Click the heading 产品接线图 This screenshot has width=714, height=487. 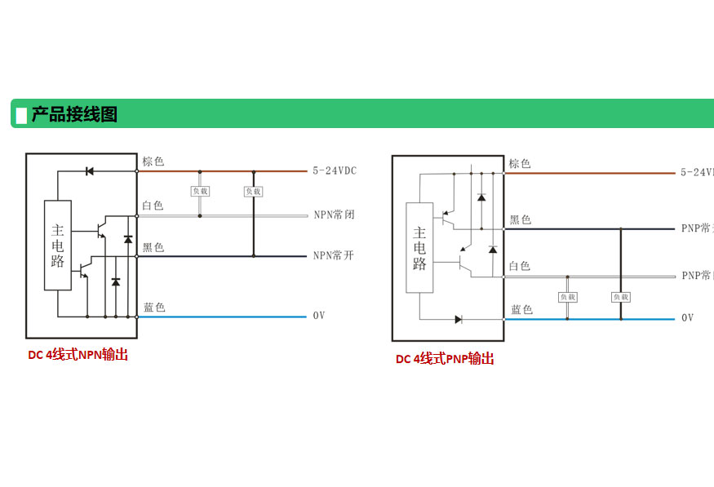pyautogui.click(x=74, y=114)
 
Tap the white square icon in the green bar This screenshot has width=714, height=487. pyautogui.click(x=21, y=115)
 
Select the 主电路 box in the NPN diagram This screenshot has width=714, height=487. pyautogui.click(x=58, y=245)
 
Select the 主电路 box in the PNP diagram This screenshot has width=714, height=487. pyautogui.click(x=419, y=247)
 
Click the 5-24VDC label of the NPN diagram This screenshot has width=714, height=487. pyautogui.click(x=335, y=171)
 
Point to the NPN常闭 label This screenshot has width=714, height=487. pyautogui.click(x=334, y=215)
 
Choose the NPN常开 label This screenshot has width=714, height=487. pyautogui.click(x=334, y=255)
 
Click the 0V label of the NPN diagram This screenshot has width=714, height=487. pyautogui.click(x=318, y=315)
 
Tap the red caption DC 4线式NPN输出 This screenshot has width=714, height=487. pyautogui.click(x=78, y=355)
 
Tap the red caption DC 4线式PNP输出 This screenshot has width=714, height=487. pyautogui.click(x=445, y=359)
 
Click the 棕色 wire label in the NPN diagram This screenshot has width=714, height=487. pyautogui.click(x=153, y=162)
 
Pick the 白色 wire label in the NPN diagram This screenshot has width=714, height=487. pyautogui.click(x=153, y=206)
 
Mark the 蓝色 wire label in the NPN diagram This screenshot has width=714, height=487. pyautogui.click(x=154, y=308)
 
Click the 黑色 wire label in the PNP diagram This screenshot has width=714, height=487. pyautogui.click(x=521, y=220)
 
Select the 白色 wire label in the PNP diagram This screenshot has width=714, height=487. pyautogui.click(x=520, y=266)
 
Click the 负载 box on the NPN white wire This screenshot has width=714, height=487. pyautogui.click(x=200, y=191)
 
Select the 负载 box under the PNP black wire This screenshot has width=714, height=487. pyautogui.click(x=621, y=297)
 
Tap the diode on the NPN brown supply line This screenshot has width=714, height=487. pyautogui.click(x=89, y=171)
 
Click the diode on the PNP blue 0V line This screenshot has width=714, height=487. pyautogui.click(x=459, y=319)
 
